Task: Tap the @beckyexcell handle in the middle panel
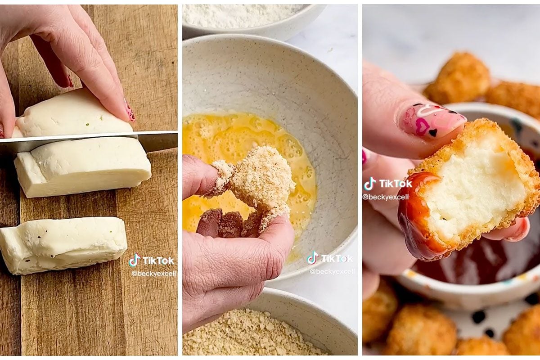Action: point(332,271)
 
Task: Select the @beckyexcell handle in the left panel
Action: point(154,274)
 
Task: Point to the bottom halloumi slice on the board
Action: point(63,245)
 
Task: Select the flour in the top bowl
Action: point(241,14)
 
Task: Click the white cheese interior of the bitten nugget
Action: point(472,190)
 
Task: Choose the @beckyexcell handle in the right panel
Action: point(386,197)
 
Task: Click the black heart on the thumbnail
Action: point(433,133)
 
